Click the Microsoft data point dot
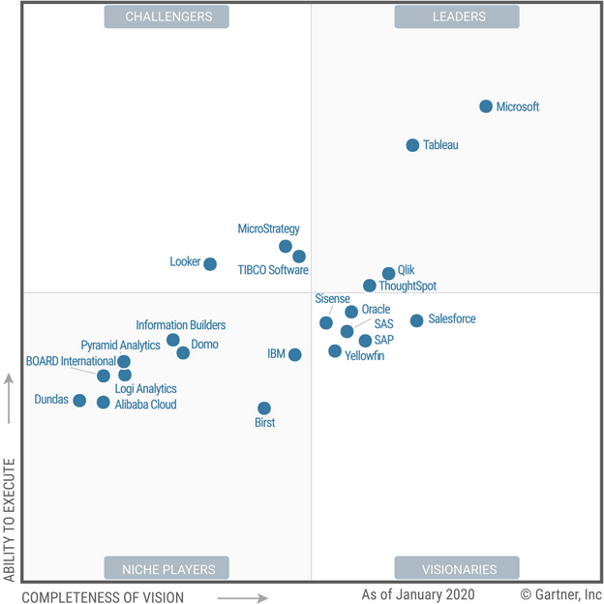coord(486,106)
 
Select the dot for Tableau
coord(412,145)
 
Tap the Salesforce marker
coord(416,320)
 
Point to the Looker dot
coord(210,264)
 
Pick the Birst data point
coord(263,408)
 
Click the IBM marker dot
coord(294,355)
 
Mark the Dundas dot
coord(79,401)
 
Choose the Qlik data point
coord(388,274)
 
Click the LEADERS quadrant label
coord(456,16)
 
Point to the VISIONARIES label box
coord(456,568)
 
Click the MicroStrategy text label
coord(268,229)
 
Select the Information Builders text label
coord(180,325)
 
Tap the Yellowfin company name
coord(364,356)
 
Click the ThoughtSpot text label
coord(408,287)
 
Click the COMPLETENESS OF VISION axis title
coord(103,596)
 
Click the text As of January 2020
coord(425,593)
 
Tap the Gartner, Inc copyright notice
coord(560,593)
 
